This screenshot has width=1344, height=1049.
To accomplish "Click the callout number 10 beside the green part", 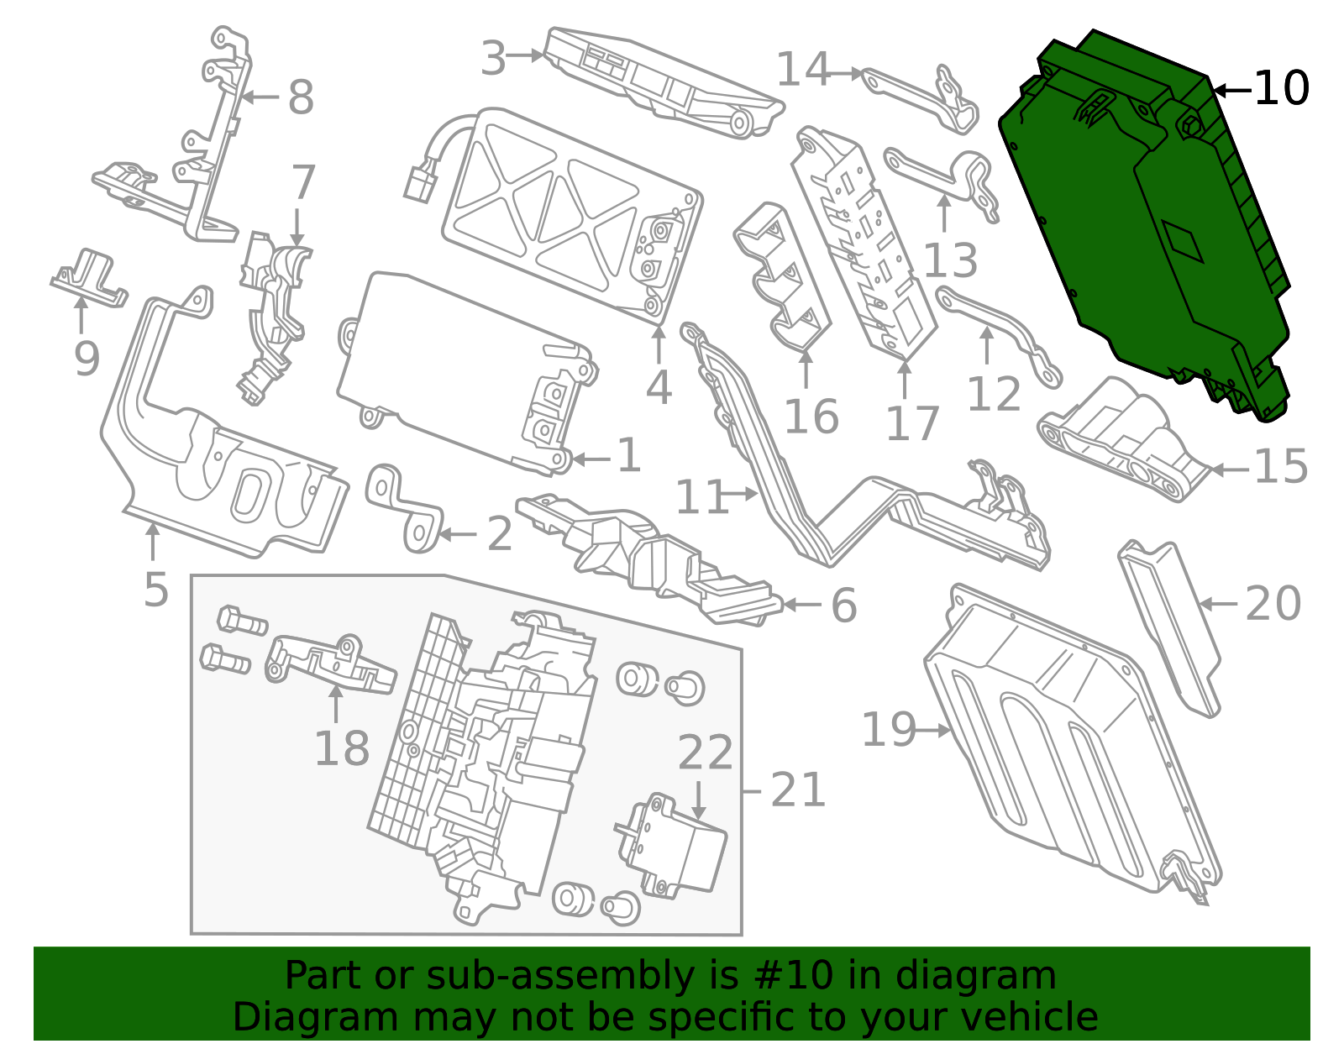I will [x=1280, y=88].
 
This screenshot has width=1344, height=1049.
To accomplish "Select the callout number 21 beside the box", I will [x=797, y=790].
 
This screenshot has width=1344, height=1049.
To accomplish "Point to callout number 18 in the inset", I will [x=341, y=748].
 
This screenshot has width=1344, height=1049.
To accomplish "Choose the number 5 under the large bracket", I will [x=155, y=590].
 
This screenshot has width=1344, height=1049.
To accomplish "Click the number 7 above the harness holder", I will [x=302, y=182].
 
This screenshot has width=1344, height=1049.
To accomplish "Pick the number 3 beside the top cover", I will [x=494, y=59].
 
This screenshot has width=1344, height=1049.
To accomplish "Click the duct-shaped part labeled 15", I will [x=1126, y=437].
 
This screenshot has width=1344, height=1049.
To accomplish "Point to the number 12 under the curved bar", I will [x=993, y=393].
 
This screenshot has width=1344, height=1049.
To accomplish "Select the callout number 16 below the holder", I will [x=811, y=417].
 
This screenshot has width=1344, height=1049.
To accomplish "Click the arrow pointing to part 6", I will [x=802, y=605].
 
